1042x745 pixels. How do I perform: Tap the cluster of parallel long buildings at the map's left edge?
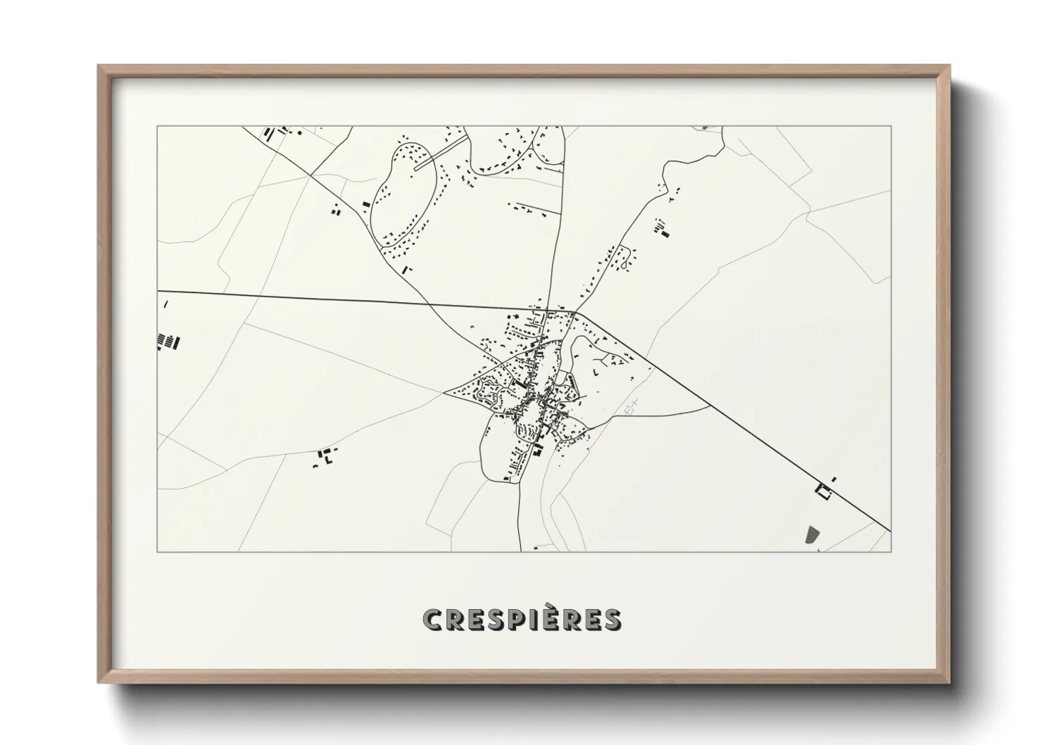[x=168, y=342]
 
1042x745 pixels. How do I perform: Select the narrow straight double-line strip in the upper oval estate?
[x=440, y=153]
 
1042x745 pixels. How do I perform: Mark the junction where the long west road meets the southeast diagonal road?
[x=576, y=312]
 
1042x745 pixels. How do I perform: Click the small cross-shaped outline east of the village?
[x=632, y=406]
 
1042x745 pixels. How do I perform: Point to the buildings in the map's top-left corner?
[x=275, y=132]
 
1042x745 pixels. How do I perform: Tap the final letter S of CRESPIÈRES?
[x=612, y=620]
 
